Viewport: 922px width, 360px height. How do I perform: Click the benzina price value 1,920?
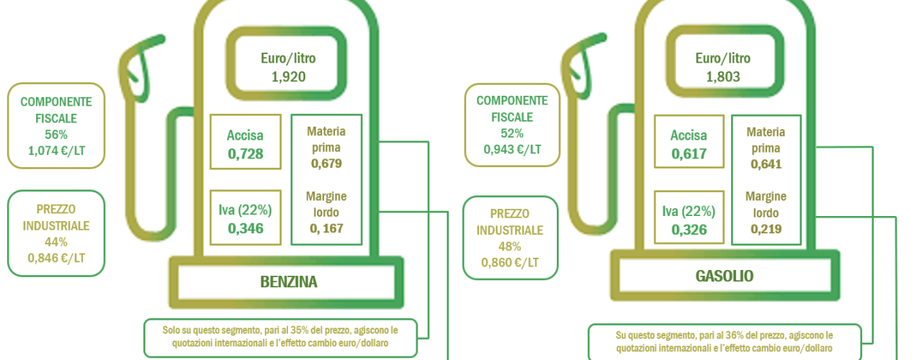click(x=289, y=77)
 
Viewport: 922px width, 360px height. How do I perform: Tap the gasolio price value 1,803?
click(x=723, y=77)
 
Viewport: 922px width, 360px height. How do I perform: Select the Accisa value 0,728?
click(x=246, y=154)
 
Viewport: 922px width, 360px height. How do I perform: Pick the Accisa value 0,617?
click(x=689, y=154)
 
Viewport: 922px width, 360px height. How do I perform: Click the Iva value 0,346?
click(x=246, y=228)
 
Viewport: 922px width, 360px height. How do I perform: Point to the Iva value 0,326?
click(x=689, y=230)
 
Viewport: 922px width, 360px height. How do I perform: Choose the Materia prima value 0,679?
click(x=326, y=163)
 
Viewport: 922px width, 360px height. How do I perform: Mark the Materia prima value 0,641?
click(x=766, y=164)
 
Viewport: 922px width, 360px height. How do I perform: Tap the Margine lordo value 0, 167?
click(x=326, y=228)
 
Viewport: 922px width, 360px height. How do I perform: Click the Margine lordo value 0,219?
click(x=766, y=229)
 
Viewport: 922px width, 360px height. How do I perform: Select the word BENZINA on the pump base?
click(x=289, y=282)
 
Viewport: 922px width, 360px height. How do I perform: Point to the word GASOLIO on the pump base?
click(x=725, y=276)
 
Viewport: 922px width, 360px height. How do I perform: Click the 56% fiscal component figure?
click(x=56, y=135)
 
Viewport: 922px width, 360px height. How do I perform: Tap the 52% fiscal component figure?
click(x=512, y=133)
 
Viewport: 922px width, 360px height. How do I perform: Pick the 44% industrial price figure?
click(x=56, y=242)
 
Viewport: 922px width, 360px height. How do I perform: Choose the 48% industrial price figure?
click(x=509, y=246)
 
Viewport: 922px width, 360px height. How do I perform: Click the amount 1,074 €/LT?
click(x=56, y=150)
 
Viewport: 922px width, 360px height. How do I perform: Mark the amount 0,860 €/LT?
click(x=510, y=263)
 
